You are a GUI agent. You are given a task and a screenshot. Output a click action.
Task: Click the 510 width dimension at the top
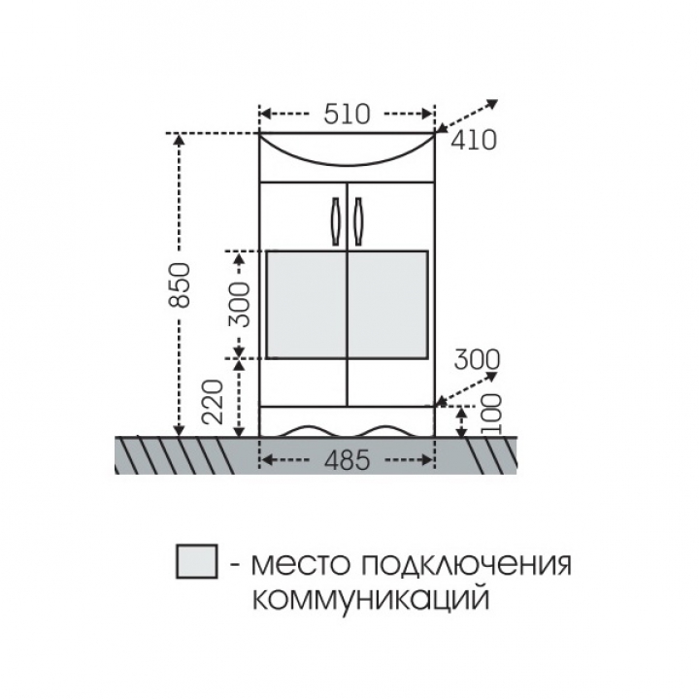point(347,115)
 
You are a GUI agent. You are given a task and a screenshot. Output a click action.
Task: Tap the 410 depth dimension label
point(473,141)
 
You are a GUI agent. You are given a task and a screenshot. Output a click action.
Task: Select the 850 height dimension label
point(181,285)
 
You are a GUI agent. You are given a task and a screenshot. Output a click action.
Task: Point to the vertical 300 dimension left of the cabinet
point(239,305)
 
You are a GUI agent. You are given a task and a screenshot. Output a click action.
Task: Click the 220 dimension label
point(212,401)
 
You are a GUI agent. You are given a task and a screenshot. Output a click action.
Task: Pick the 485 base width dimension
point(347,459)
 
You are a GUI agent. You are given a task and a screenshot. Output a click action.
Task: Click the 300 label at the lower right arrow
point(477,359)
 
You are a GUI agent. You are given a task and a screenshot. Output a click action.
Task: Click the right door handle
point(357,221)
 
